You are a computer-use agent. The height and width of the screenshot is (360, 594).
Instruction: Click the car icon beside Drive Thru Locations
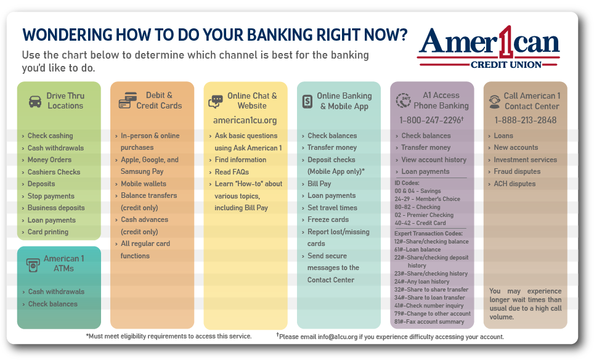pos(35,102)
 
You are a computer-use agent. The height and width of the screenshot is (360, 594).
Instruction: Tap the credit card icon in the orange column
pos(128,100)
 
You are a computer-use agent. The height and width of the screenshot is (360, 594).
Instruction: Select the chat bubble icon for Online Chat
pos(216,102)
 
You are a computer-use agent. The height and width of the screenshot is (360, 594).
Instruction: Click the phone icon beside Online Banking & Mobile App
pos(307,102)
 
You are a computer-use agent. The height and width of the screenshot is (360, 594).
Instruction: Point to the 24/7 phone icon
pos(403,101)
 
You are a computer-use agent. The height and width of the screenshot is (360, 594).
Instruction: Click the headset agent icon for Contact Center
pos(494,102)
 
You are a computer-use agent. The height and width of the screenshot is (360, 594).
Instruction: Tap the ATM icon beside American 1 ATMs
pos(33,264)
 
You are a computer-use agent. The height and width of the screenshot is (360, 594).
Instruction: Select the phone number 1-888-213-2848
pos(526,120)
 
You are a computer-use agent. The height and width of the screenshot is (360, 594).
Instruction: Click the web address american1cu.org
pos(245,120)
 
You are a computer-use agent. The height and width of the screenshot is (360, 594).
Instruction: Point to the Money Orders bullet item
pos(49,160)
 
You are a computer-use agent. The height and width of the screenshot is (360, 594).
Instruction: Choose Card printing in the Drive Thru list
pos(48,232)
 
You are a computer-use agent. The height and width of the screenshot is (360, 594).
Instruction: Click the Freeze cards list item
pos(328,220)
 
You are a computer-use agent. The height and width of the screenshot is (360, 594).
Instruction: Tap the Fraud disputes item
pos(517,171)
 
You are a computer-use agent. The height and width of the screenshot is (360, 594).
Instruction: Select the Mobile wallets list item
pos(144,184)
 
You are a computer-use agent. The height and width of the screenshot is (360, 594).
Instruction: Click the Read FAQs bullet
pos(232,172)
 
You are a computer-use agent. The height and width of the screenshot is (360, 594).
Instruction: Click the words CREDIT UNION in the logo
pos(506,65)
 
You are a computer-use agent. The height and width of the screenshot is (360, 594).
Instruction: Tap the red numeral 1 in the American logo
pos(504,42)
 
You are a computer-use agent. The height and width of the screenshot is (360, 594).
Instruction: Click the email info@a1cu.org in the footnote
pos(338,337)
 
